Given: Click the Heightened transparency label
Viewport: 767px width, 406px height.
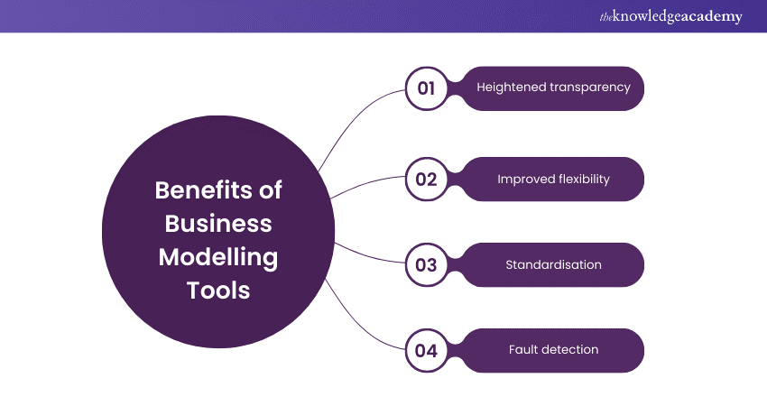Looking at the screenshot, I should tap(553, 88).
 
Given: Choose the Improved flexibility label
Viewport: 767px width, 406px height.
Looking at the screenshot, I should tap(553, 179).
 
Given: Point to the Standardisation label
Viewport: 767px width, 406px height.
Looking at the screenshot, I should tap(553, 265).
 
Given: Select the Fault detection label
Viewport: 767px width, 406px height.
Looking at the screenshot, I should tap(553, 350).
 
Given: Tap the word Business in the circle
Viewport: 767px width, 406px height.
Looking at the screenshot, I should tap(217, 223).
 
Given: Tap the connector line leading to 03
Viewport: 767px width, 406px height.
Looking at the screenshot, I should tap(370, 255).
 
